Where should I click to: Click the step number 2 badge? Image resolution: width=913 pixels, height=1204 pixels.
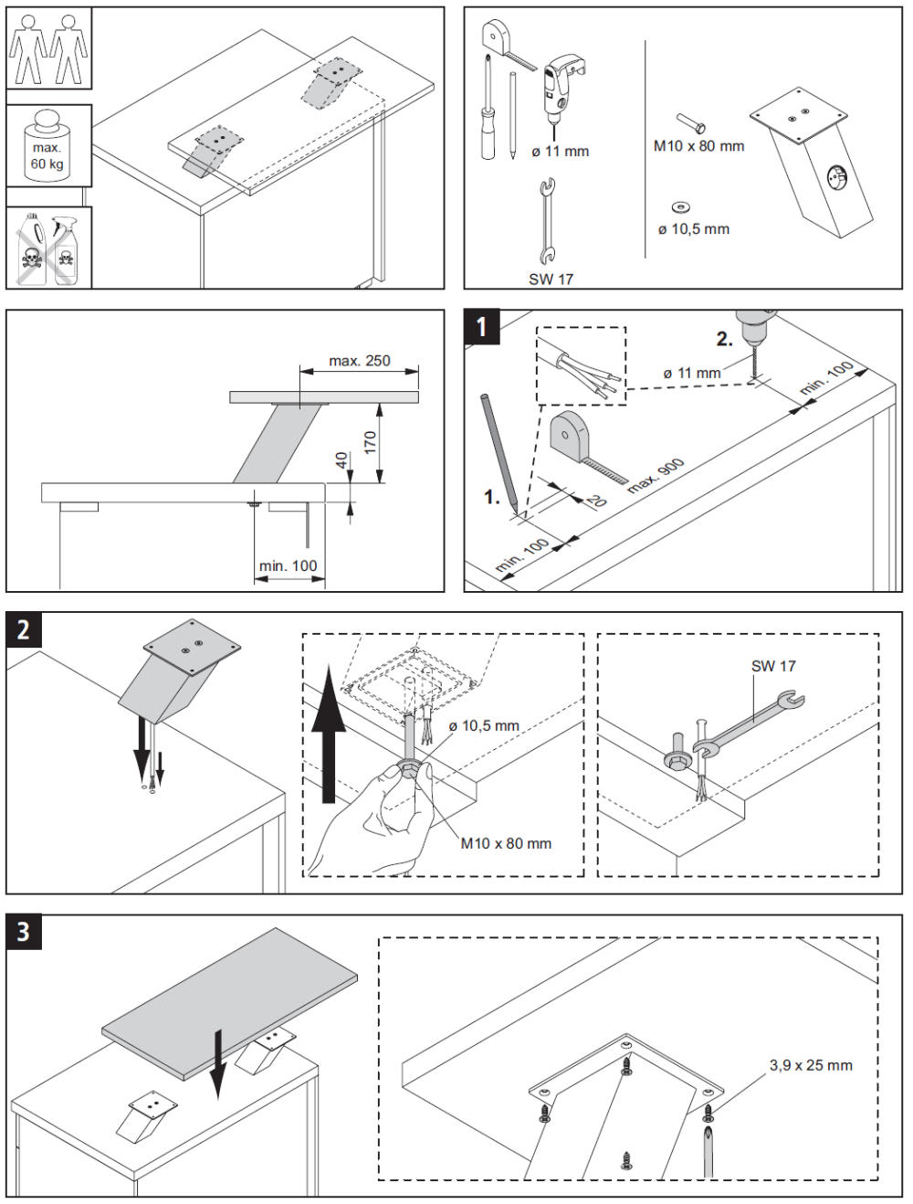[23, 629]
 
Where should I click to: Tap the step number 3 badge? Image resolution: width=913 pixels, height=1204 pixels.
[23, 931]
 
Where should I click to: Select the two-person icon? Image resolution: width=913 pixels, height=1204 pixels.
[48, 48]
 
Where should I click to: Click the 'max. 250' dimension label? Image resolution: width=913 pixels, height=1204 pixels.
[359, 361]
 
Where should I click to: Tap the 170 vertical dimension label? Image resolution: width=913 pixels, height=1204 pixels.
[370, 443]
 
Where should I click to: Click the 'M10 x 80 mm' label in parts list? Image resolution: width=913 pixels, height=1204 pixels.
[698, 146]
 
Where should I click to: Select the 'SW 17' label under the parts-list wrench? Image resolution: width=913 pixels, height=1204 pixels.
[551, 280]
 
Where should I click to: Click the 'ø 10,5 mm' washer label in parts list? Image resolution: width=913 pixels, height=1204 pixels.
[694, 229]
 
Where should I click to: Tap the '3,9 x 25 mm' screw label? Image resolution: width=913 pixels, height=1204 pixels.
[811, 1065]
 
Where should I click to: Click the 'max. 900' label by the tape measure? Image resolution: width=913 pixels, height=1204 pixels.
[656, 476]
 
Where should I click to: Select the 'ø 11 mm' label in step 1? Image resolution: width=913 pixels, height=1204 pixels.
[692, 373]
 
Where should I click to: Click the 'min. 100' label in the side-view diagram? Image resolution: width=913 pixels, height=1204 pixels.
[288, 566]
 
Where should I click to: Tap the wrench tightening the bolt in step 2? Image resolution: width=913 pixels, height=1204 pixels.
[749, 718]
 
